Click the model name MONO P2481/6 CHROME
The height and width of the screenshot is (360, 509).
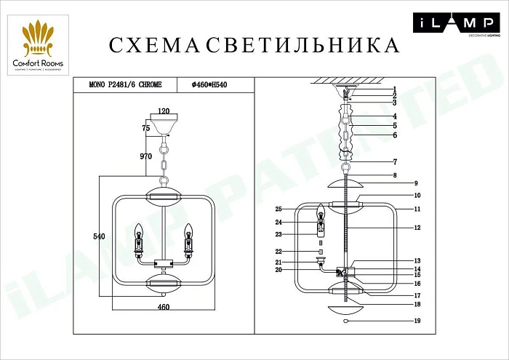click(x=121, y=85)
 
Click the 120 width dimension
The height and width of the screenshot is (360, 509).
click(x=164, y=112)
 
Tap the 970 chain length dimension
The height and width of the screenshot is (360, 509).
click(x=146, y=156)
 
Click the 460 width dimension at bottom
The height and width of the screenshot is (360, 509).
click(x=164, y=308)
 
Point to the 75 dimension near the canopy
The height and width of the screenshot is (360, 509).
click(x=146, y=128)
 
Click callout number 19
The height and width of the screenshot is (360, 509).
click(x=417, y=321)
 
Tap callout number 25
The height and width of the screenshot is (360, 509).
click(x=278, y=209)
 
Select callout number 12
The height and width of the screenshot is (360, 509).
click(x=417, y=228)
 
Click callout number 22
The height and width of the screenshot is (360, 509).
click(x=278, y=252)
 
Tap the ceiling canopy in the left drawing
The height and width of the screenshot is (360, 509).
click(x=164, y=124)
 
